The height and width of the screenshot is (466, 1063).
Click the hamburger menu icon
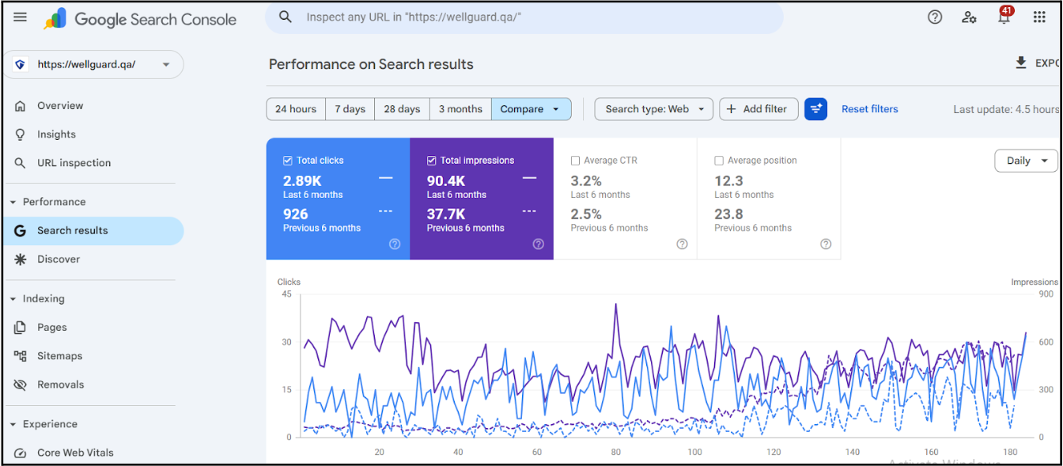click(x=21, y=17)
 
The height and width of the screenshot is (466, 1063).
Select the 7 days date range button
click(x=350, y=109)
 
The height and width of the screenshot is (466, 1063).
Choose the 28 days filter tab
click(x=402, y=109)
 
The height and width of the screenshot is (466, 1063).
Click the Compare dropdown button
click(x=531, y=109)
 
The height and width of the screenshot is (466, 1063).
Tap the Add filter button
click(x=758, y=109)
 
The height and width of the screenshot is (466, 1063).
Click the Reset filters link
click(x=869, y=109)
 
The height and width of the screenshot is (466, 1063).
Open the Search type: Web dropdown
click(x=653, y=109)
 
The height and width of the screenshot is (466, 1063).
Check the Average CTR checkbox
click(x=576, y=161)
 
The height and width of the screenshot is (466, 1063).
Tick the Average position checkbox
click(x=719, y=161)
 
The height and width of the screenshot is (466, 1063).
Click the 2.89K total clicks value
click(x=302, y=181)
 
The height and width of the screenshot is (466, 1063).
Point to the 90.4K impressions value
click(x=446, y=181)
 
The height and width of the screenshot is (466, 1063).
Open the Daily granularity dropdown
click(x=1026, y=161)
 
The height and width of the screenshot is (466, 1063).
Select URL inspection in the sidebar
click(x=74, y=163)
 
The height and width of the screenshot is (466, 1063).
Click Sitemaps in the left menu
click(x=60, y=356)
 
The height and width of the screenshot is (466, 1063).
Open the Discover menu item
click(x=59, y=259)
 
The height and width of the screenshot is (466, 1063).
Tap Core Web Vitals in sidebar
click(x=75, y=453)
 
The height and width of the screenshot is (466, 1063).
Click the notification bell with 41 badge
click(x=1004, y=17)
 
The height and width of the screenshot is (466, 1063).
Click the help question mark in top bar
click(x=935, y=17)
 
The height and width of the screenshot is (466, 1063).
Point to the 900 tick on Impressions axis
click(x=1046, y=294)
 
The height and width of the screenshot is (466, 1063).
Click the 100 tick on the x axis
click(x=694, y=453)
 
